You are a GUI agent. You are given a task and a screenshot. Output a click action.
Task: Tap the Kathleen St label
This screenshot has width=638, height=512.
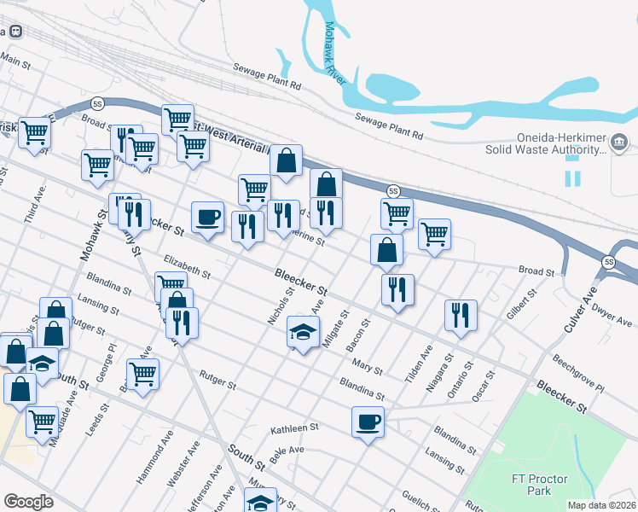coord(294,427)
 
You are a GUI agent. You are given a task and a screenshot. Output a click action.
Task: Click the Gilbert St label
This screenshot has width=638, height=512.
coord(519,303)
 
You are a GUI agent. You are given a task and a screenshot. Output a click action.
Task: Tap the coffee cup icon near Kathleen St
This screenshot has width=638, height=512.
coord(368,422)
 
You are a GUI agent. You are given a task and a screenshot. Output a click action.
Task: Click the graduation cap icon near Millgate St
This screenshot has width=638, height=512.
coord(302,330)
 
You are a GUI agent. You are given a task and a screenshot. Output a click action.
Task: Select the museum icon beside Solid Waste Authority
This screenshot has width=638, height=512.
coord(619,141)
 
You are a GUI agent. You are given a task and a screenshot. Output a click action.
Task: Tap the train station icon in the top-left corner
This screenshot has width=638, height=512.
coord(16,31)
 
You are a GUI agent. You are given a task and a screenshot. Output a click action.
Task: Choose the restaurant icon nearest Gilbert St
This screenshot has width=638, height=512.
coord(461,314)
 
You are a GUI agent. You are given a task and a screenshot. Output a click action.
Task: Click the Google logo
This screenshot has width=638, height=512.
coord(28,502)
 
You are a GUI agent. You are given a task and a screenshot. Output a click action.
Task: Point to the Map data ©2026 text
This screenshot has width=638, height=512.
coord(601,505)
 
